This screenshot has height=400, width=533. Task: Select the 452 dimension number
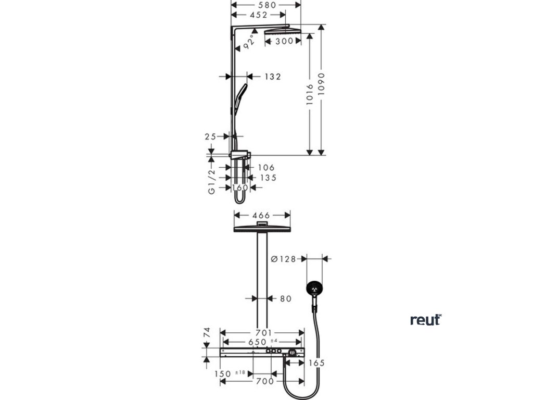coord(259,15)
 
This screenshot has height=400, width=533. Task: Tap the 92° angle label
coord(250,41)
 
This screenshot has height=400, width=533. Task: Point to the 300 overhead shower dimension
coord(284,41)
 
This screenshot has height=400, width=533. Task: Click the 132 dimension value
coord(272,77)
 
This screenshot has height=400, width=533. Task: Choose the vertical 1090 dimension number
coord(322,82)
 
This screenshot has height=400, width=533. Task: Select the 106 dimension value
coord(265,168)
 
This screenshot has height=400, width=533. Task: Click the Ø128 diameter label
coord(283,258)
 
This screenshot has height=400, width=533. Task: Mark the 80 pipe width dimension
coord(286,298)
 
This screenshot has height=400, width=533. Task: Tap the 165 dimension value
coord(318,362)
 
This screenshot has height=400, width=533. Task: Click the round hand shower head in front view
coord(315,288)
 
